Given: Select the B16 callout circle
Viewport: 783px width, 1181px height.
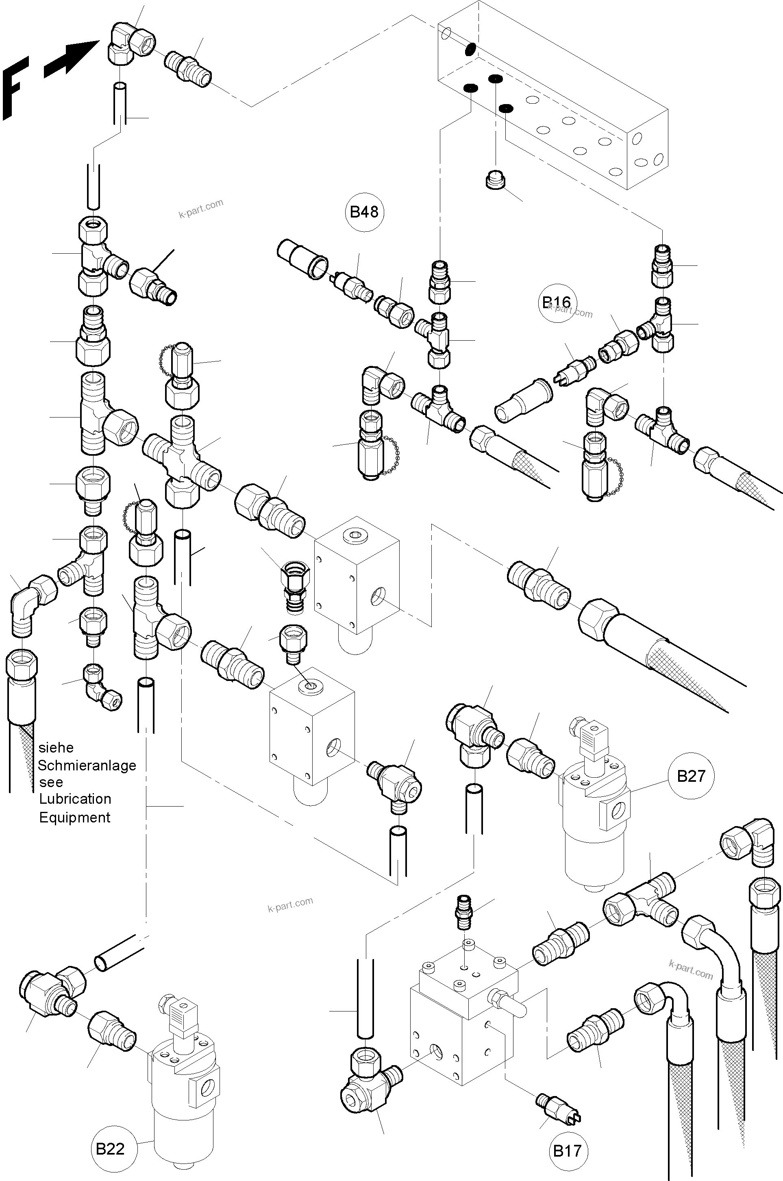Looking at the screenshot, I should point(557,302).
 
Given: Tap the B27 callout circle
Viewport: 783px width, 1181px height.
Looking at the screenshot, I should point(691,776).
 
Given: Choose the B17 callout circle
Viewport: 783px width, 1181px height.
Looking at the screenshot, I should point(567,1151).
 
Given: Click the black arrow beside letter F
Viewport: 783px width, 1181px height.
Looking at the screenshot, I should point(70,57).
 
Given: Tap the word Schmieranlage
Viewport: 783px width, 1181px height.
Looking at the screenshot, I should point(87,766).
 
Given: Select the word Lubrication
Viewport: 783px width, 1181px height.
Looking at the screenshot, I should point(75,799).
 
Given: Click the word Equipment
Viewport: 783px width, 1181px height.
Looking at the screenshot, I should point(74,818).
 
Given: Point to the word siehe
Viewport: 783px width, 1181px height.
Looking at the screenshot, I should point(56,748).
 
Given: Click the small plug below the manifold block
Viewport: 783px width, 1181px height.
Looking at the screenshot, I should point(495,179).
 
